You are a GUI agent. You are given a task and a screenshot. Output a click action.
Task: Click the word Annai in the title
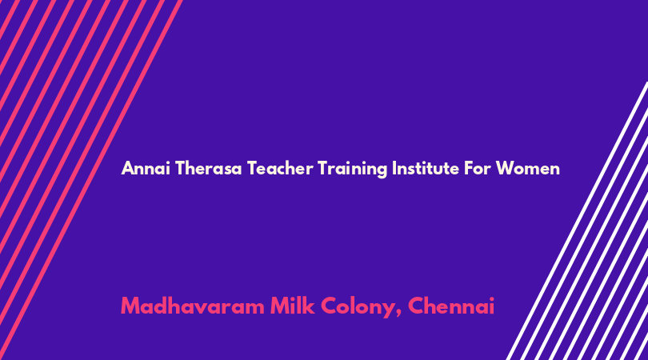point(146,168)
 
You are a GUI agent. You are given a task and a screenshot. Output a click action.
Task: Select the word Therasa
point(208,168)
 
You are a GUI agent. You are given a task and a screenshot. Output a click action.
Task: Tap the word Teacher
point(280,168)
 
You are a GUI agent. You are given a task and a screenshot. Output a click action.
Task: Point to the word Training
point(353,169)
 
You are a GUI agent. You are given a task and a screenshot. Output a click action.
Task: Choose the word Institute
point(426,168)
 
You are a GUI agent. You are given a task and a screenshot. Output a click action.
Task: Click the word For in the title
point(478,168)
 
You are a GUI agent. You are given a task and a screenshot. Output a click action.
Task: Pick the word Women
point(528,168)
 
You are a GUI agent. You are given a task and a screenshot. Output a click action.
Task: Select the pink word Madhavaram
point(193,306)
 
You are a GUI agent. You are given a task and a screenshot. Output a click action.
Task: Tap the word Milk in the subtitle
point(292,306)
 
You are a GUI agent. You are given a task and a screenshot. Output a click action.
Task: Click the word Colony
point(358,307)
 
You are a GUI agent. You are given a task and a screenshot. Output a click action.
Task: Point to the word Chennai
point(451,306)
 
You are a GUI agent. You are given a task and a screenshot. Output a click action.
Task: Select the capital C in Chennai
point(416,306)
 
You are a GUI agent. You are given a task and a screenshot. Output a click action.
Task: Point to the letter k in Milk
point(308,306)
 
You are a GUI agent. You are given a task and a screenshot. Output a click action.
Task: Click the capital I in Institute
point(394,168)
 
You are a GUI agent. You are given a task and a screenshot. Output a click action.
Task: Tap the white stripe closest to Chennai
point(577,221)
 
